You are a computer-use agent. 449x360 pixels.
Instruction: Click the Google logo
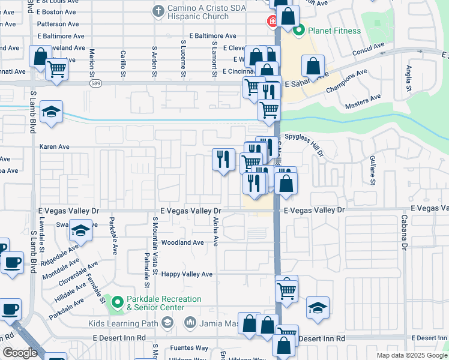click(20, 353)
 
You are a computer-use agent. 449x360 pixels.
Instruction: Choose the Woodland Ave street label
click(182, 243)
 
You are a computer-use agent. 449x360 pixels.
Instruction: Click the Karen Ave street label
click(55, 146)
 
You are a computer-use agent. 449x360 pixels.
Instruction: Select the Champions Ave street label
click(346, 81)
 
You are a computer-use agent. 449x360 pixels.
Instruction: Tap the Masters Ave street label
click(363, 101)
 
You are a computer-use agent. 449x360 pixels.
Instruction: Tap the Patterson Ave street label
click(58, 25)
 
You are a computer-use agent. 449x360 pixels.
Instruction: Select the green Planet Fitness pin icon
click(299, 30)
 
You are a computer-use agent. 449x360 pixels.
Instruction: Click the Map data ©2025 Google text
click(411, 355)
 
